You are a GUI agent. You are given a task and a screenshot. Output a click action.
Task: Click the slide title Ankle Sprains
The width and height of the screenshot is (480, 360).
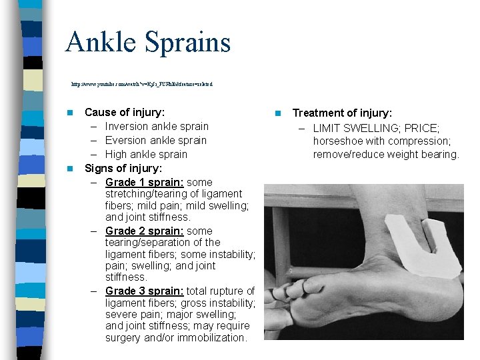[147, 42]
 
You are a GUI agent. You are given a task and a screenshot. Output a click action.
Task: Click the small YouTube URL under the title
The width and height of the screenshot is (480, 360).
[142, 85]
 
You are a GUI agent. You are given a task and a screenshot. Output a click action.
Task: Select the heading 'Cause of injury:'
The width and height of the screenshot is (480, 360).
[125, 113]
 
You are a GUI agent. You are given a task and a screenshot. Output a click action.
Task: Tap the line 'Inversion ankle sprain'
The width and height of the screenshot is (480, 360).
[157, 127]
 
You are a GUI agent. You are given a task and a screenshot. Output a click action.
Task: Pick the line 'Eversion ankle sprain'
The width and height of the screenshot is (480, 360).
[156, 141]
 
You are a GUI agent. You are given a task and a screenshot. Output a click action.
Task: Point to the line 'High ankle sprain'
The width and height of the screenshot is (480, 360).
[146, 155]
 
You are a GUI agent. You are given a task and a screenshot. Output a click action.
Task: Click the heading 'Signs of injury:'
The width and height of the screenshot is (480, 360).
[123, 169]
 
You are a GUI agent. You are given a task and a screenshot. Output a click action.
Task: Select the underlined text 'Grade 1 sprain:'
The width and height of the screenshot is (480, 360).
[145, 183]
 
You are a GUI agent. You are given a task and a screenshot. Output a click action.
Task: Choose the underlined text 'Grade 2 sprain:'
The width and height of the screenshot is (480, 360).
[145, 231]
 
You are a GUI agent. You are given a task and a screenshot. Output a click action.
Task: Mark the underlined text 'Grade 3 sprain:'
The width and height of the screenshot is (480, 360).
[145, 291]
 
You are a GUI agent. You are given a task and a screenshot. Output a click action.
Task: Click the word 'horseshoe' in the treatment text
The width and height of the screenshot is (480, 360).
[337, 141]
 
